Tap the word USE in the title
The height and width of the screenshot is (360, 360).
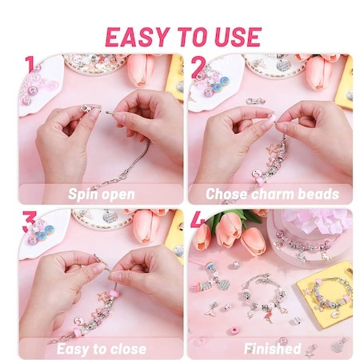point(238,37)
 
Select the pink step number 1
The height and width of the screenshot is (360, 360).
point(30,66)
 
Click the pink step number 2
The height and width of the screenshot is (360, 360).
point(198,68)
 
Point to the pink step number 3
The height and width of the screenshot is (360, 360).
point(29,221)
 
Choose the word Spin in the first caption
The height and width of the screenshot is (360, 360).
point(82,194)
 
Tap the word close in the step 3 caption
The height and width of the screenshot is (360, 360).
point(128,349)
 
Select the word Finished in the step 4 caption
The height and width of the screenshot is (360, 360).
point(273,349)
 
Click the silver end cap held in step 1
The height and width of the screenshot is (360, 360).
point(87,109)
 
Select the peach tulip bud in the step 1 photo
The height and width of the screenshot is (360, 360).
point(141,70)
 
